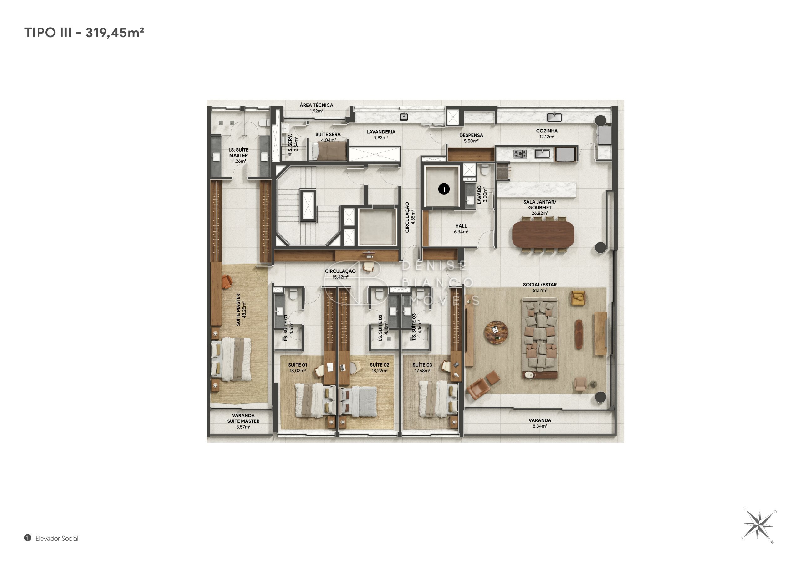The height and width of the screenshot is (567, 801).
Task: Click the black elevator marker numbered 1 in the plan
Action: pyautogui.click(x=444, y=189)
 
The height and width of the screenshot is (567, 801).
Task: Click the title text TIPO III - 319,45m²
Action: pyautogui.click(x=84, y=33)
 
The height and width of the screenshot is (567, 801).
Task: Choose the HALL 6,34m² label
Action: pyautogui.click(x=461, y=229)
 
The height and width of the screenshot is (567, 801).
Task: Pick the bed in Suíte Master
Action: pyautogui.click(x=231, y=359)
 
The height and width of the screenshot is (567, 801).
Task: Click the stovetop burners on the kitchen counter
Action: pyautogui.click(x=520, y=154)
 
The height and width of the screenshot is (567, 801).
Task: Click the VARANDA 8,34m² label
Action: pyautogui.click(x=540, y=423)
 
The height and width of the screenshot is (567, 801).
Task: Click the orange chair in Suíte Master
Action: pyautogui.click(x=227, y=281)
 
